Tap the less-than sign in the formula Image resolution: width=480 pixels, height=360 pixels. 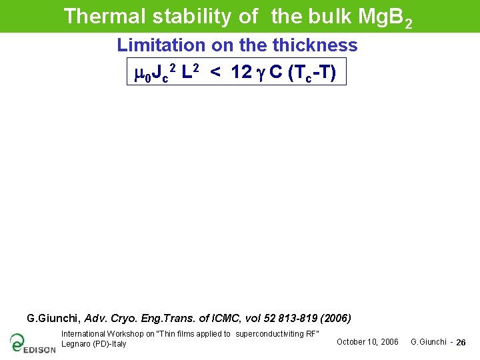[215, 72]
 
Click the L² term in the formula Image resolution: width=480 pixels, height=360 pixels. [190, 71]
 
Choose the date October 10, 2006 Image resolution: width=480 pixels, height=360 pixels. [367, 342]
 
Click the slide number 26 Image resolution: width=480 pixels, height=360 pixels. [461, 343]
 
